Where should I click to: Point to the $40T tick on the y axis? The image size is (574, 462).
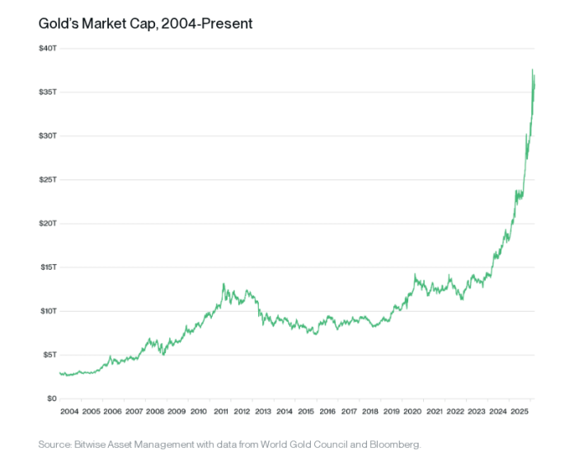coord(47,48)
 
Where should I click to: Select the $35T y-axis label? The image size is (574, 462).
coord(47,92)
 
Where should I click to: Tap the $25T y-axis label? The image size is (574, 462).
coord(47,180)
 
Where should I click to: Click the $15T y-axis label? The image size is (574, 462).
coord(47,267)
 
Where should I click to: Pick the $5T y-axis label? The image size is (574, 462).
coord(49,355)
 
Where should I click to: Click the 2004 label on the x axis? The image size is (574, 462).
coord(69,411)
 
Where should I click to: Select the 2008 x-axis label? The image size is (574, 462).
coord(155,411)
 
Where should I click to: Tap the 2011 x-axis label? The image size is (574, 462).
coord(219,411)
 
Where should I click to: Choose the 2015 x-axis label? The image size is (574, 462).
coord(305,411)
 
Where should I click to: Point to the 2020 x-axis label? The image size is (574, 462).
coord(412,411)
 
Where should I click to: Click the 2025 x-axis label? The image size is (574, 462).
coord(520,411)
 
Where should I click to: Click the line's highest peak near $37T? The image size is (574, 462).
coord(533,70)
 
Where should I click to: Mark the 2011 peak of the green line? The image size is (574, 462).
coord(223,284)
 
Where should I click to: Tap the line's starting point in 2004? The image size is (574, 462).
coord(59,373)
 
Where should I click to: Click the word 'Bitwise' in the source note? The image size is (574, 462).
coord(95,445)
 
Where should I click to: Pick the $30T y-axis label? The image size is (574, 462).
coord(47,135)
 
